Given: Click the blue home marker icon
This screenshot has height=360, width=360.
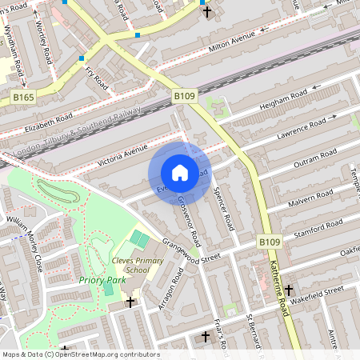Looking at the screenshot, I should click(180, 172).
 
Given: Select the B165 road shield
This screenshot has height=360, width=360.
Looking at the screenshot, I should click(24, 97).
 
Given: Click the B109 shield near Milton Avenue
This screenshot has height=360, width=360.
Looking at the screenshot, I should click(185, 96).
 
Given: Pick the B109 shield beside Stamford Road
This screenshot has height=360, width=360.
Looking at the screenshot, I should click(269, 241).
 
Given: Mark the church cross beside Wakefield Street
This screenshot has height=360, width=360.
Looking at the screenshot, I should click(289, 294).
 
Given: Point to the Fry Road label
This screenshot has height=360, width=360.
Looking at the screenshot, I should click(96, 78).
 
